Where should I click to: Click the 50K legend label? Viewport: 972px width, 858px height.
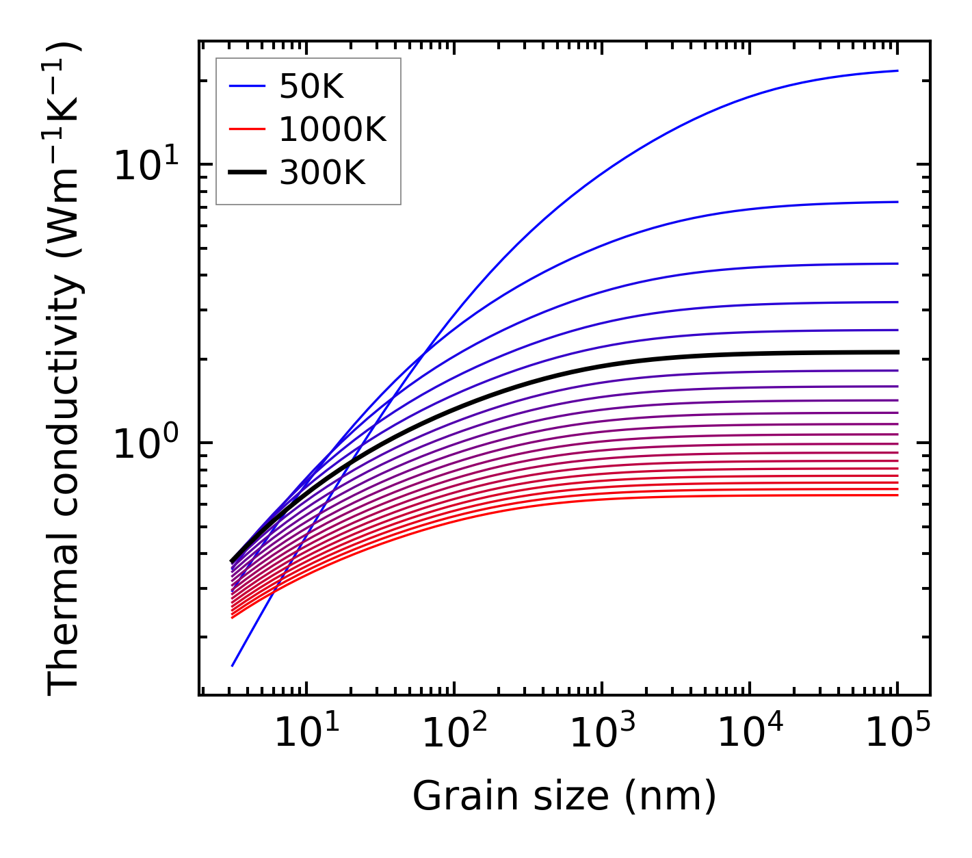click(x=311, y=87)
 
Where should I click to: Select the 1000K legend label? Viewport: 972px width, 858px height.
click(x=332, y=130)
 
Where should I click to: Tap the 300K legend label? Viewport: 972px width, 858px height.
click(x=322, y=174)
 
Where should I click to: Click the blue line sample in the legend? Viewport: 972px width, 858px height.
click(x=247, y=86)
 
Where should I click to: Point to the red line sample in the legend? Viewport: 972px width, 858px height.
click(x=247, y=129)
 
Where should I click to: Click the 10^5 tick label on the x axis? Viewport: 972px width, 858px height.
click(x=897, y=734)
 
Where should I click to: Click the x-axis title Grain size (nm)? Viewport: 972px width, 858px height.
click(x=564, y=796)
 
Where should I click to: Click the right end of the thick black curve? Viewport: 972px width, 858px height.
click(x=897, y=352)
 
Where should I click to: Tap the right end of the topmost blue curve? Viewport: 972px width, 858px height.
click(x=897, y=70)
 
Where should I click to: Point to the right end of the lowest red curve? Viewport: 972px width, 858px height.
click(x=897, y=495)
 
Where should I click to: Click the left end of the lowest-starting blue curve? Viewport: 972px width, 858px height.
click(x=233, y=666)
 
